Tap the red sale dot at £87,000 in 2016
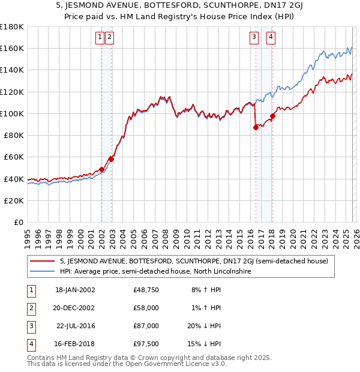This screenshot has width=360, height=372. pyautogui.click(x=256, y=127)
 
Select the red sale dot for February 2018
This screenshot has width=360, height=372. pyautogui.click(x=272, y=116)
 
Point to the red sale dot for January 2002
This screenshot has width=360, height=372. pyautogui.click(x=102, y=169)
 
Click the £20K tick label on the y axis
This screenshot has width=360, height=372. pyautogui.click(x=14, y=200)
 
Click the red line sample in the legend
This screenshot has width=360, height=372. pyautogui.click(x=43, y=262)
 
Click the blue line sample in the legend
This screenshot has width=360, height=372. pyautogui.click(x=43, y=272)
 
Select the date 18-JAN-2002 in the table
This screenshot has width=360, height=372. pyautogui.click(x=75, y=290)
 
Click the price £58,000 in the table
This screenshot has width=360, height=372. pyautogui.click(x=146, y=308)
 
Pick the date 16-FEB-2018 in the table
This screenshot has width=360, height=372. pyautogui.click(x=75, y=344)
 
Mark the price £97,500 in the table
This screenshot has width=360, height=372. pyautogui.click(x=146, y=344)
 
